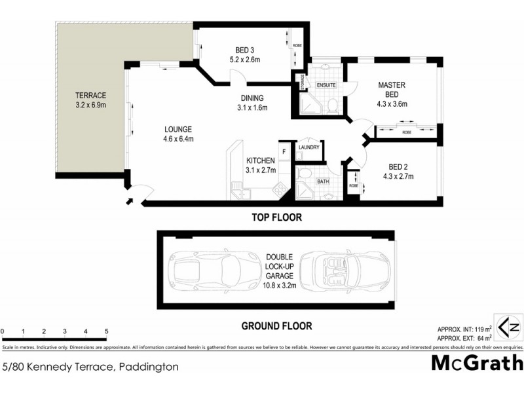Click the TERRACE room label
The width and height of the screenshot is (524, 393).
90,95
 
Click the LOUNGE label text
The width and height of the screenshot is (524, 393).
178,129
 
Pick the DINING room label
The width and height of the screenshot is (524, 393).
252,98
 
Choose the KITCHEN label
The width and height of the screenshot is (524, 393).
261,160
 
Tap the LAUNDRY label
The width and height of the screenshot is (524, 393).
309,147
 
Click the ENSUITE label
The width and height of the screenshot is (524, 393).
326,85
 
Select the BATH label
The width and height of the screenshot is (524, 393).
322,181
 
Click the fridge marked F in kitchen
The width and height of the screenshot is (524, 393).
284,152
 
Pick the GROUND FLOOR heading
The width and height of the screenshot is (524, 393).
277,326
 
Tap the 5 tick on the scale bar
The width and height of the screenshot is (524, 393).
106,331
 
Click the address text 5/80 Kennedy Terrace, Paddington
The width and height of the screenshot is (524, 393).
90,367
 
